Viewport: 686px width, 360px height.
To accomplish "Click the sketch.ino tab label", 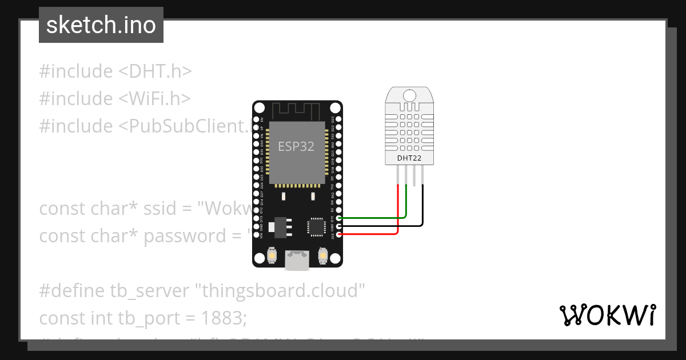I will [x=101, y=25].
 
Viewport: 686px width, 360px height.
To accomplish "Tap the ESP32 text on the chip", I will [x=296, y=146].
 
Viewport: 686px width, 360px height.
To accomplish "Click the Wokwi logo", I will [x=607, y=315].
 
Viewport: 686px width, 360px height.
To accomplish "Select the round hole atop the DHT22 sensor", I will [x=409, y=95].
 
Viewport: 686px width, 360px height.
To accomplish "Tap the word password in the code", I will [x=193, y=236].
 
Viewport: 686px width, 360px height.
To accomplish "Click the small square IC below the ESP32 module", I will [x=316, y=226].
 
